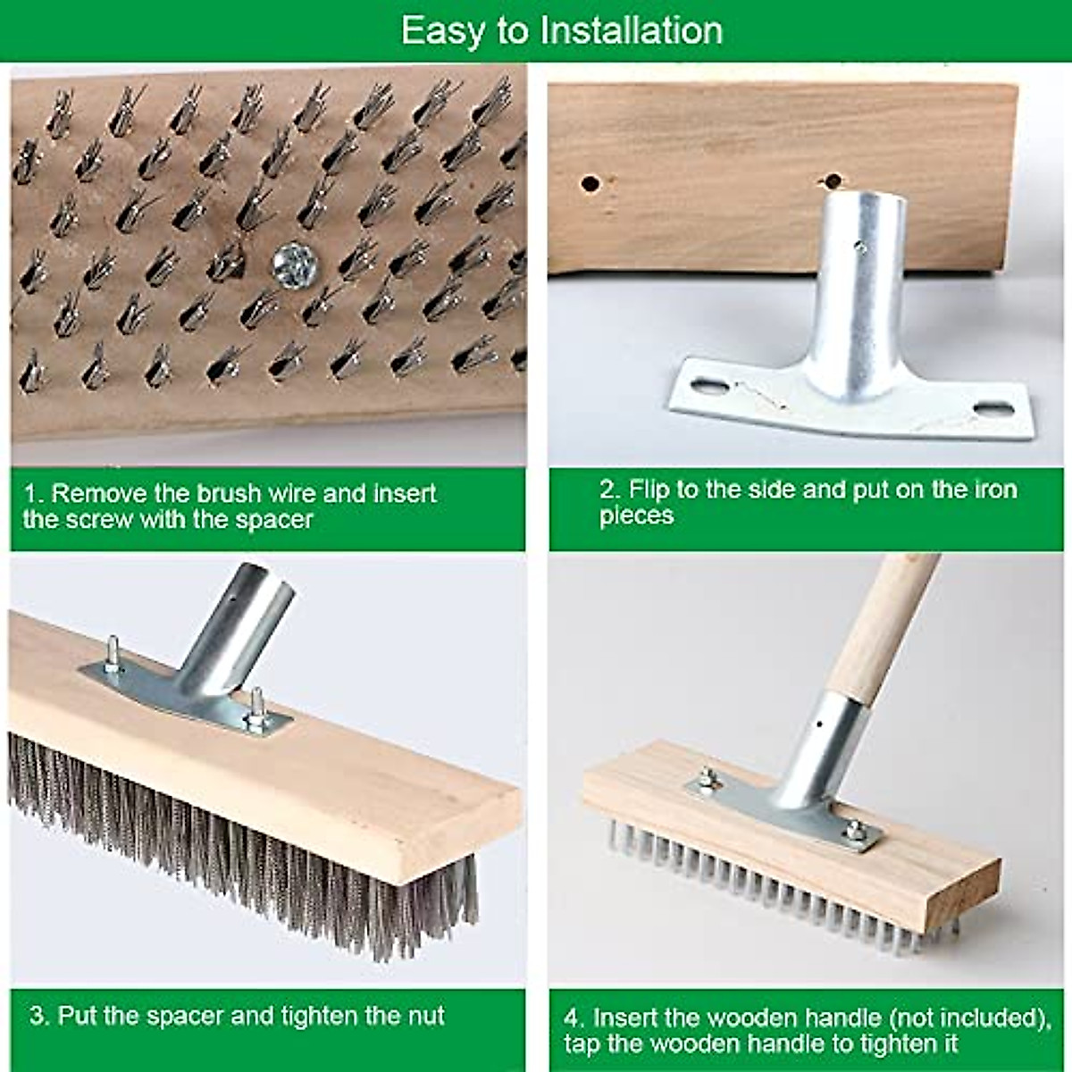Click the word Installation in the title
[632, 30]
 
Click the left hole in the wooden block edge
[590, 184]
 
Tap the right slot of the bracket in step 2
[992, 410]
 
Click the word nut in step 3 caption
[425, 1017]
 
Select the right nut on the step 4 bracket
[855, 830]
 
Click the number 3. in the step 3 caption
[39, 1017]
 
